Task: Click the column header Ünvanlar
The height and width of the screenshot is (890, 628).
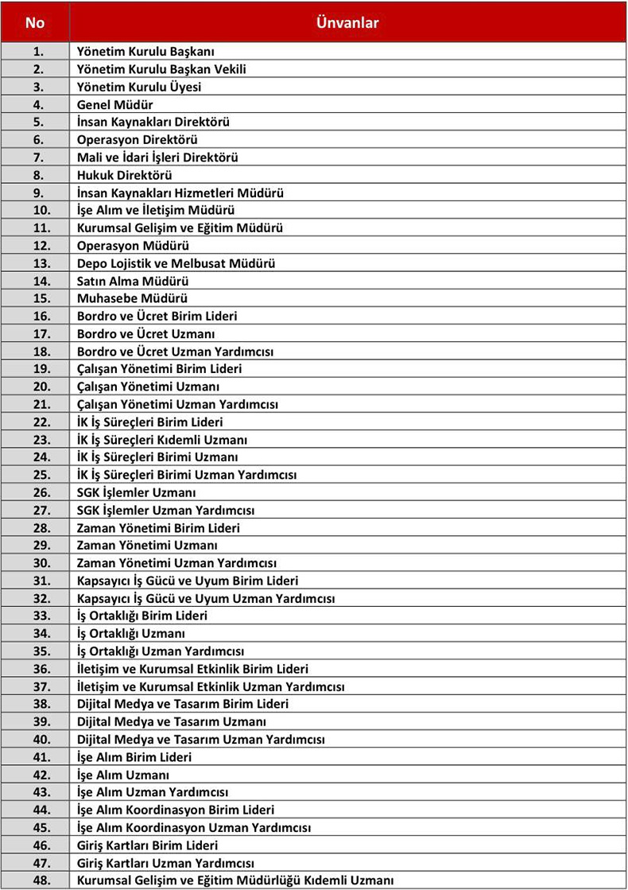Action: (x=347, y=22)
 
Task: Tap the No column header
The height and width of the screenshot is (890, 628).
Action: (x=35, y=22)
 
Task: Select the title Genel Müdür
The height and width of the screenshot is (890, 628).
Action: (x=115, y=104)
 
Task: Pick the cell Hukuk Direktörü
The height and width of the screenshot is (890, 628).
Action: (x=124, y=175)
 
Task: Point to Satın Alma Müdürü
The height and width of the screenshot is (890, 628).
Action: (x=133, y=281)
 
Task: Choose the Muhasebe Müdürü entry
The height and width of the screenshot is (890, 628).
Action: (x=132, y=298)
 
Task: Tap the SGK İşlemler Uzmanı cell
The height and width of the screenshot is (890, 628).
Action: (x=137, y=492)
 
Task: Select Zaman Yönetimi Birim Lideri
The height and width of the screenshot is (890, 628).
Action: (x=158, y=527)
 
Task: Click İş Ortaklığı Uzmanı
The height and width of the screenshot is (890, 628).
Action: (x=131, y=633)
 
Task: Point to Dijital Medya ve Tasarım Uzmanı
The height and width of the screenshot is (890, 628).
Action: (x=172, y=721)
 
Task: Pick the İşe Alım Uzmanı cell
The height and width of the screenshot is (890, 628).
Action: (x=123, y=775)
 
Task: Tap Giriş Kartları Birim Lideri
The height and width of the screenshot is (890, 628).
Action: (x=147, y=845)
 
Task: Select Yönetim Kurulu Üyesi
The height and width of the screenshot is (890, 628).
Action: (x=139, y=87)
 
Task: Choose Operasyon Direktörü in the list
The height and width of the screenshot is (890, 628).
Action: (x=138, y=140)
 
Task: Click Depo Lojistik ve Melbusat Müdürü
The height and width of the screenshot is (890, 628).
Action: (x=176, y=263)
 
